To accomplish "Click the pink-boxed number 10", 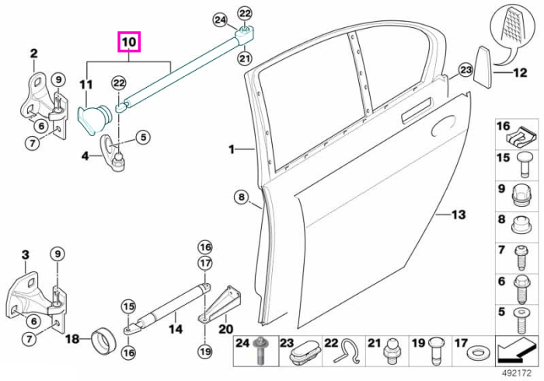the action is pos(129,42).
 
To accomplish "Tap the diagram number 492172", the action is pos(517,373).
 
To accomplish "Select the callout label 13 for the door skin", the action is pos(458,215).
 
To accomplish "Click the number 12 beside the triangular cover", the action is pos(520,72).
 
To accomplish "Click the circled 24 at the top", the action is pos(220,19).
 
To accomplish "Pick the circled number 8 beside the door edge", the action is pos(242,197).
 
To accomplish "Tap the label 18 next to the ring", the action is pos(72,339).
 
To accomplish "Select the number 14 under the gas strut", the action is pos(176,329).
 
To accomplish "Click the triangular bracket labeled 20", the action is pos(220,304).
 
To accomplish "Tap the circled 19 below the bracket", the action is pos(205,351).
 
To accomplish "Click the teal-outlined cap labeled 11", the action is pos(94,118).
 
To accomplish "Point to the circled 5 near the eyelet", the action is pos(143,138).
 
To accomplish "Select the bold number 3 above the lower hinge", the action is pos(26,255).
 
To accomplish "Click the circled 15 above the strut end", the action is pos(128,306).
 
